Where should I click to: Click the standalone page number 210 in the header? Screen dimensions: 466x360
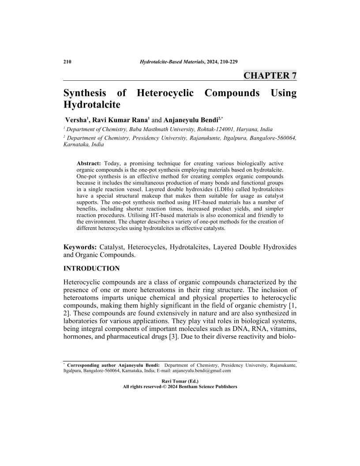[67, 61]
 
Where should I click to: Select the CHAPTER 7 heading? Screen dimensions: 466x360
[270, 75]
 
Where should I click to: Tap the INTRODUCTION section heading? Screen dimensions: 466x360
[91, 268]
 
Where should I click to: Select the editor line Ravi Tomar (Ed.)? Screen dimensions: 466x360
[180, 380]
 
